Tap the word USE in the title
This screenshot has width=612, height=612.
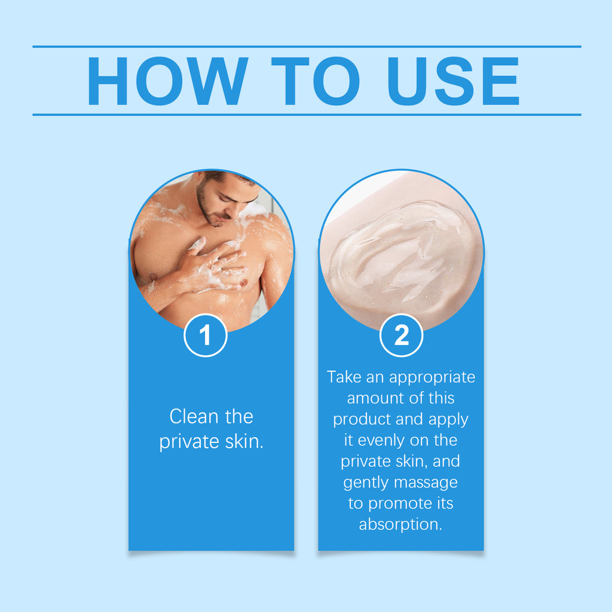(x=453, y=81)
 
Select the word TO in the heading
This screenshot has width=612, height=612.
(x=316, y=81)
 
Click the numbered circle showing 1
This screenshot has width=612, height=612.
(x=206, y=335)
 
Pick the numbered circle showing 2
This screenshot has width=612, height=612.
(x=401, y=335)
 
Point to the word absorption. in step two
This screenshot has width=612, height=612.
(x=400, y=525)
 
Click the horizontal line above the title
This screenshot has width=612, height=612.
(x=307, y=47)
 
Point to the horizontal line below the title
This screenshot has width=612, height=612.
(x=307, y=115)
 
